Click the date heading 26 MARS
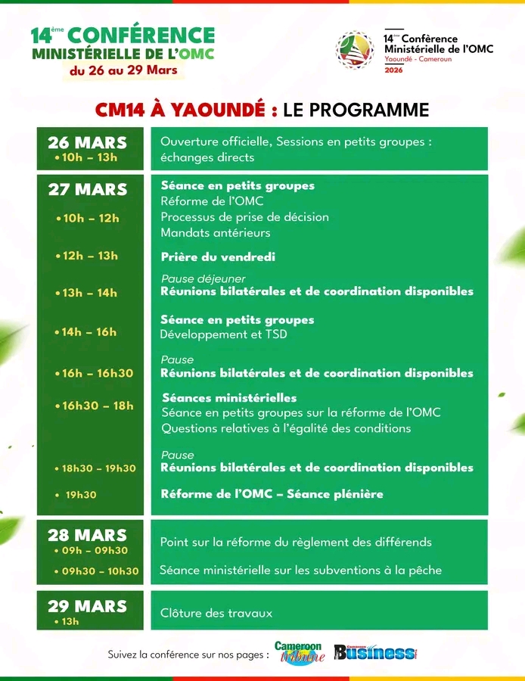tap(87, 142)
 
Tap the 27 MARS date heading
tap(88, 189)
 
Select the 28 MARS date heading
tap(87, 536)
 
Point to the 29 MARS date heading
tap(87, 606)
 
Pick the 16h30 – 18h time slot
tap(98, 406)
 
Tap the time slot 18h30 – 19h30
tap(98, 468)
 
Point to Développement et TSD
tap(223, 334)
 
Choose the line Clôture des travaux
tap(216, 613)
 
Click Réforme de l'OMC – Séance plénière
tap(272, 494)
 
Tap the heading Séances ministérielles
tap(228, 397)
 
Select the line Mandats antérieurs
tap(216, 233)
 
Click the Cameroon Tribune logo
tap(300, 652)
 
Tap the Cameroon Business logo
tap(374, 652)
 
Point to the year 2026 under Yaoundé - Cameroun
tap(393, 70)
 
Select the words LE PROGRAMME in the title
tap(356, 110)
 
